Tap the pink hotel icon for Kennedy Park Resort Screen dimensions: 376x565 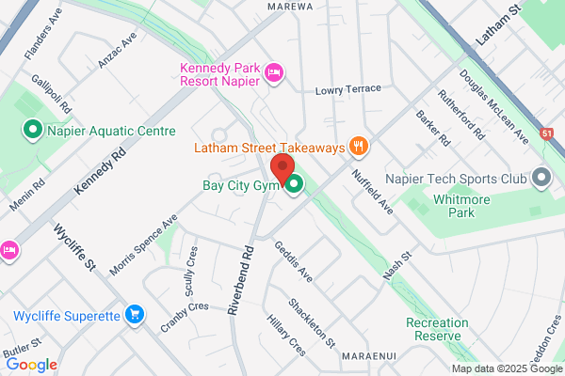point(275,72)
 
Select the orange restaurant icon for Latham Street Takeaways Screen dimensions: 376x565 point(358,146)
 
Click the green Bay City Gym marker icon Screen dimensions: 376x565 point(294,185)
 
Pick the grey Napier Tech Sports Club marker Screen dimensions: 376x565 point(541,177)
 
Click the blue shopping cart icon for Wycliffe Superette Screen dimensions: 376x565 point(135,315)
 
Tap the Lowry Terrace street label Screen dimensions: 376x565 point(348,89)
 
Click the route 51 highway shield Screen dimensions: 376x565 point(547,135)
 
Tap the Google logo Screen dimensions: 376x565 point(31,365)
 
